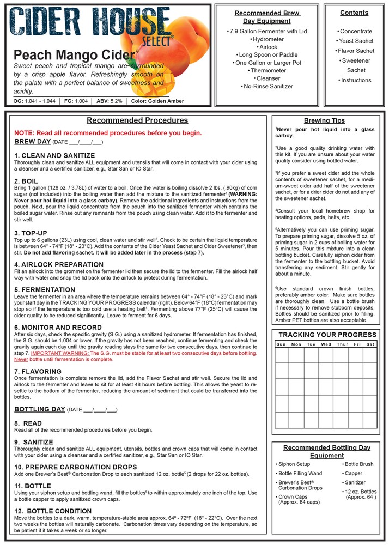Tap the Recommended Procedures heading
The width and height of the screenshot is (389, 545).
pyautogui.click(x=137, y=120)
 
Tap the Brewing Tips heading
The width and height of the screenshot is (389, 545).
pyautogui.click(x=324, y=120)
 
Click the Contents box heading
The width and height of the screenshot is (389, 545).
pyautogui.click(x=354, y=13)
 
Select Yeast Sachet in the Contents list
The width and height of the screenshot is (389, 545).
pyautogui.click(x=356, y=41)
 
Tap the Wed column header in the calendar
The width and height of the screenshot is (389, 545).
pyautogui.click(x=326, y=344)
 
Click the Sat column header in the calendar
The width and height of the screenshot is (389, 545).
pyautogui.click(x=370, y=344)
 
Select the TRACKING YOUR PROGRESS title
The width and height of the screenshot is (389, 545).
pyautogui.click(x=327, y=335)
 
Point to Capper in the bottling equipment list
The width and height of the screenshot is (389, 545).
pyautogui.click(x=354, y=474)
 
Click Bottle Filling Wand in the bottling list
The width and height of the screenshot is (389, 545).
pyautogui.click(x=300, y=474)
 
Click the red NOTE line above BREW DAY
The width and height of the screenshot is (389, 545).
pyautogui.click(x=108, y=133)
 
